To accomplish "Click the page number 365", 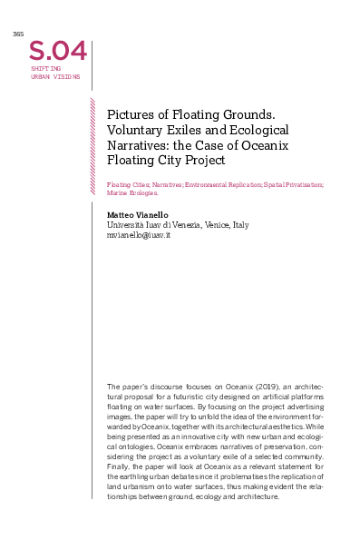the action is pyautogui.click(x=17, y=34).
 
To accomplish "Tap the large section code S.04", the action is pyautogui.click(x=58, y=50).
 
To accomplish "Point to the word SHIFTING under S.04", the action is pyautogui.click(x=45, y=69).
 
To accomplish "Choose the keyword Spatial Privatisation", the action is pyautogui.click(x=291, y=184).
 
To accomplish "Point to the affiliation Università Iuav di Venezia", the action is pyautogui.click(x=153, y=224).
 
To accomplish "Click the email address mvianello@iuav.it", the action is pyautogui.click(x=139, y=234).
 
